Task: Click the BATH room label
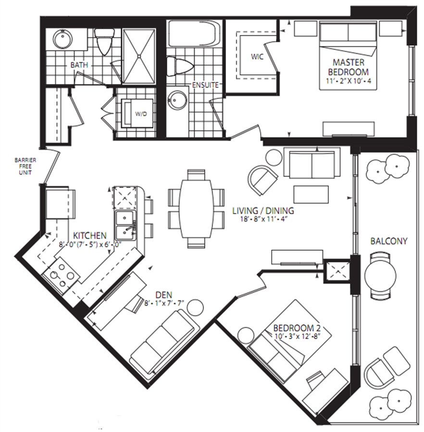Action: tap(79, 65)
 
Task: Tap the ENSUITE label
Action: tap(205, 85)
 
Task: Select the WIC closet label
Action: tap(257, 57)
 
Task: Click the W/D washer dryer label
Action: tap(141, 114)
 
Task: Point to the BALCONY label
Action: tap(389, 241)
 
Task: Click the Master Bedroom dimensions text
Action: tap(349, 82)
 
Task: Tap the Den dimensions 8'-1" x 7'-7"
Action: tap(164, 303)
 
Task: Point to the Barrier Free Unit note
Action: tap(25, 167)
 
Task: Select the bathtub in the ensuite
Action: tap(194, 34)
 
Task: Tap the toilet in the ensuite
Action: tap(179, 66)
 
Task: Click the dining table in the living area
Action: tap(197, 209)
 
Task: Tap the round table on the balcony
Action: tap(380, 276)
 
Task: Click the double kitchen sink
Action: tap(126, 225)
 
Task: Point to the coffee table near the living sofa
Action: tap(311, 194)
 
